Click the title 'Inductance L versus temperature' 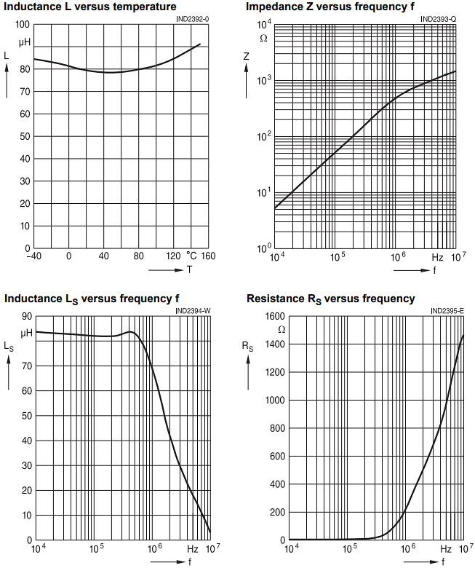[90, 7]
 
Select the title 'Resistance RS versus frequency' [331, 299]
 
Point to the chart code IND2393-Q [439, 19]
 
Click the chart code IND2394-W [193, 311]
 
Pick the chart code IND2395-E [447, 311]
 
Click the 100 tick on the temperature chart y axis [22, 24]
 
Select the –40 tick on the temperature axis [33, 256]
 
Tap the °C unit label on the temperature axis [191, 256]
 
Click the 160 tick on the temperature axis [209, 256]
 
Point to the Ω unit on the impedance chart [263, 37]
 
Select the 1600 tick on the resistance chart [274, 317]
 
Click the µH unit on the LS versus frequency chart [27, 333]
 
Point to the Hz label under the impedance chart [437, 257]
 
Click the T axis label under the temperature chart [188, 269]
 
